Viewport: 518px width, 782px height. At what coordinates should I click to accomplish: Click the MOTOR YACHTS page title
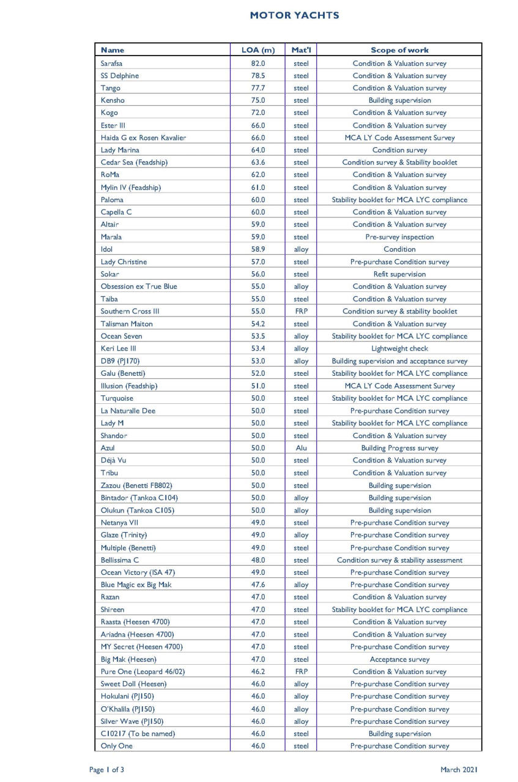[294, 15]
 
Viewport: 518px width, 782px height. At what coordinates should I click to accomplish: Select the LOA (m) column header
[258, 50]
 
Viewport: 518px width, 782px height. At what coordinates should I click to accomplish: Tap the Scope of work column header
[399, 50]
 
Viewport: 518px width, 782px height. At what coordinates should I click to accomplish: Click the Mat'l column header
[301, 50]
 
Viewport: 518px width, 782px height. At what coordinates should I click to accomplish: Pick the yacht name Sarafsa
[111, 63]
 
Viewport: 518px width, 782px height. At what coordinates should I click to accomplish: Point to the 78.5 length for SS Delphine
[258, 76]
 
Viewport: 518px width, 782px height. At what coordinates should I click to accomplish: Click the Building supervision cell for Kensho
[399, 100]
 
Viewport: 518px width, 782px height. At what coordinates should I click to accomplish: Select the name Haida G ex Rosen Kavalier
[143, 137]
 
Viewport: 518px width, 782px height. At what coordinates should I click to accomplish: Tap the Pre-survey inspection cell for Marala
[399, 237]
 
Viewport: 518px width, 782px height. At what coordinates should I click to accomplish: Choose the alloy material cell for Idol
[301, 249]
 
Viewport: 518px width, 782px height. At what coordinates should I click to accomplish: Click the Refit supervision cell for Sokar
[399, 274]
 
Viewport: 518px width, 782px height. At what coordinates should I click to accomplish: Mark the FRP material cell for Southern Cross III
[301, 312]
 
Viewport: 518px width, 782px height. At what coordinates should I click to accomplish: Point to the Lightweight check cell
[399, 349]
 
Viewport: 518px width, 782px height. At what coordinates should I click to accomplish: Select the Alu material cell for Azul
[301, 448]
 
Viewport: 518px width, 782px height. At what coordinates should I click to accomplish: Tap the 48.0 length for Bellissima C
[258, 560]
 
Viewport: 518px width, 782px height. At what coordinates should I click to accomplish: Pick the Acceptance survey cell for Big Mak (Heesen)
[399, 659]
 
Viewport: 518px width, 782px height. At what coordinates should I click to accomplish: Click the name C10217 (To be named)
[138, 734]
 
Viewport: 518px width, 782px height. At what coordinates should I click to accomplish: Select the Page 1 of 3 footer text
[106, 770]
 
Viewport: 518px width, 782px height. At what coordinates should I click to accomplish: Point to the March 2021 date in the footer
[459, 770]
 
